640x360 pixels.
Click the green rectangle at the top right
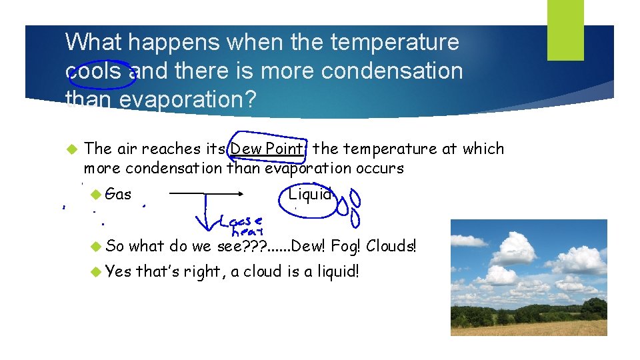coord(565,29)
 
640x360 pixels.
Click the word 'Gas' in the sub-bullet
coord(119,195)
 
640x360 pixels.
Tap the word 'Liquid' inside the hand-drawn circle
coord(309,195)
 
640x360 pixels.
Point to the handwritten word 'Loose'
coord(241,221)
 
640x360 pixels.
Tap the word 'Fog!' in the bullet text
coord(345,246)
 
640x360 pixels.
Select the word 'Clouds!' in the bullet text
coord(391,246)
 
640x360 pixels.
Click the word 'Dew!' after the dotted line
coord(308,246)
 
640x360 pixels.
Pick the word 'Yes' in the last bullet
coord(119,271)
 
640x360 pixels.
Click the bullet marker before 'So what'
coord(96,246)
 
